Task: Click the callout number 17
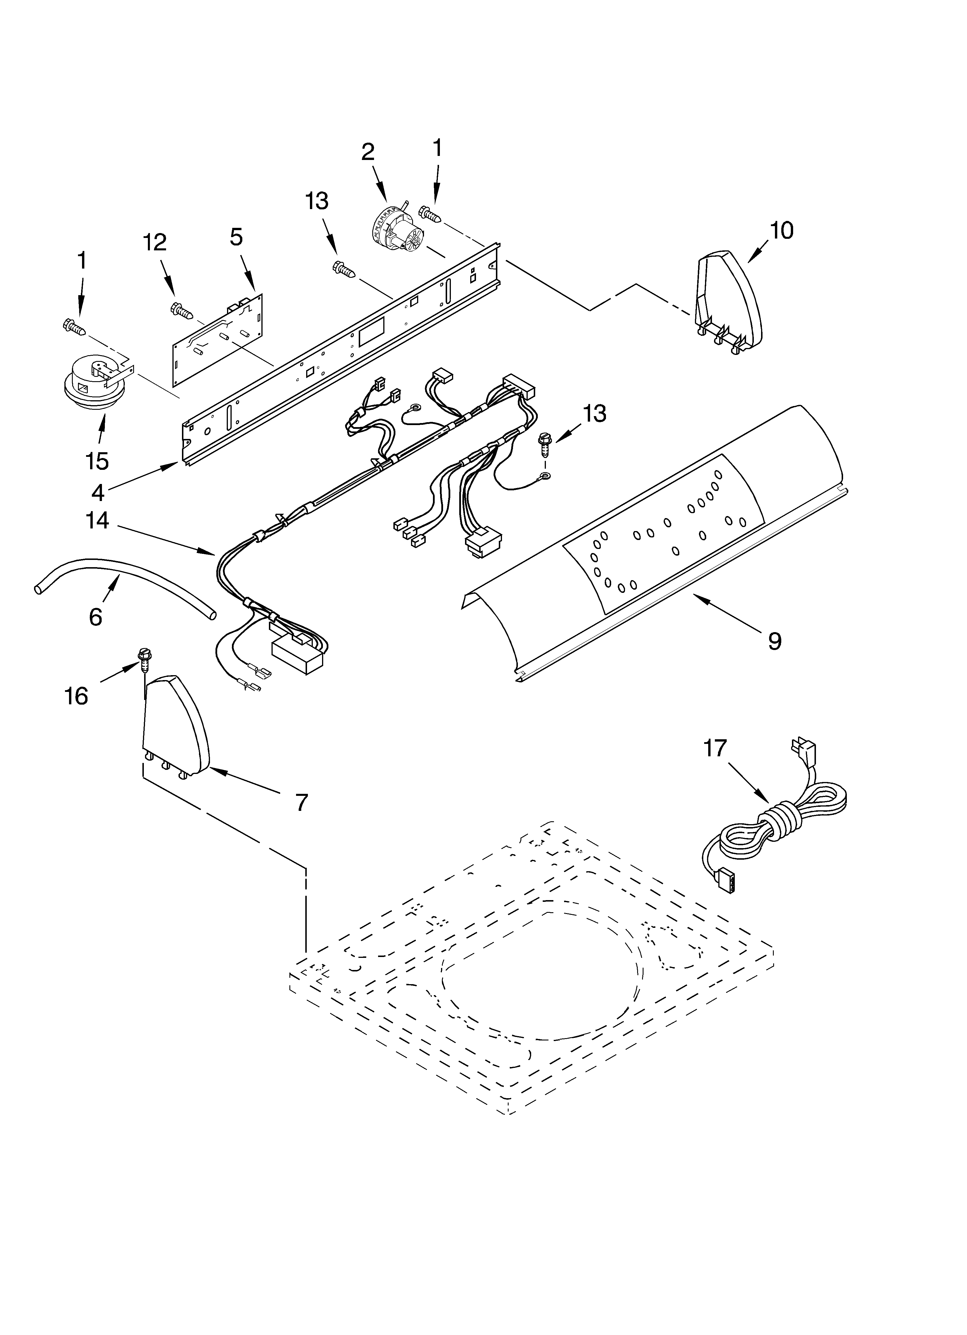(x=715, y=749)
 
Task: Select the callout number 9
(x=774, y=640)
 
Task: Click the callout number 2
(x=367, y=152)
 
